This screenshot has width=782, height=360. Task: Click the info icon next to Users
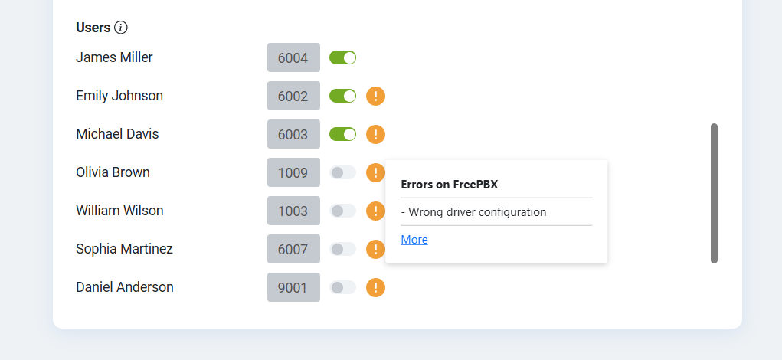[x=121, y=28]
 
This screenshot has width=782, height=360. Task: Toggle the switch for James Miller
[x=342, y=58]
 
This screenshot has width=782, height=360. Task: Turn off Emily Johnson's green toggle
[x=342, y=96]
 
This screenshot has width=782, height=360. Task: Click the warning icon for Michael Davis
[x=375, y=135]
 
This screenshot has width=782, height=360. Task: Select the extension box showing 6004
[x=294, y=58]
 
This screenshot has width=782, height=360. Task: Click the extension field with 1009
[x=294, y=172]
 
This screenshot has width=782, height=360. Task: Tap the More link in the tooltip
[x=414, y=240]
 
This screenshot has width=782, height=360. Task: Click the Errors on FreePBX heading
[x=450, y=185]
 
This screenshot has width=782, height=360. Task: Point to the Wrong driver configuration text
[x=474, y=212]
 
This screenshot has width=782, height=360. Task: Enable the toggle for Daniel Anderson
[x=342, y=287]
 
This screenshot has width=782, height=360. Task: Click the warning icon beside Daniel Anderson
[x=375, y=288]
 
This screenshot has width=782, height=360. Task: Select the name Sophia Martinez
[x=124, y=249]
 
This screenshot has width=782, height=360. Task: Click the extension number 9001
[x=293, y=288]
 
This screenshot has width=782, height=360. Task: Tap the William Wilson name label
[x=119, y=211]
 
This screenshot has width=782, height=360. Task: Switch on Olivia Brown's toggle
[x=342, y=172]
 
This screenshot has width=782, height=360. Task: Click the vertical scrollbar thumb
[x=714, y=194]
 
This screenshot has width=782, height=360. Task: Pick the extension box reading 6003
[x=294, y=134]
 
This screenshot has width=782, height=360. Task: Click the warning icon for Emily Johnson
[x=375, y=97]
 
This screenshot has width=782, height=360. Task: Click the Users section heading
[x=93, y=28]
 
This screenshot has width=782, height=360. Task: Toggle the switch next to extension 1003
[x=342, y=211]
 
